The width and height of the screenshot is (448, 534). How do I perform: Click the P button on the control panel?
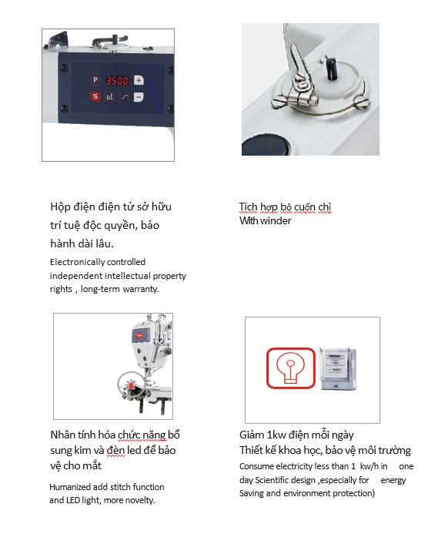[95, 79]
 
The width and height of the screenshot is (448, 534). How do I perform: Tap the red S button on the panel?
[95, 97]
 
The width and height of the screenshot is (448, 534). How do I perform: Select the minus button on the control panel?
[139, 97]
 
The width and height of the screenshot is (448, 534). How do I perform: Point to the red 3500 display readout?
[117, 81]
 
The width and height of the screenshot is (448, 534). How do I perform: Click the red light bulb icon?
[290, 368]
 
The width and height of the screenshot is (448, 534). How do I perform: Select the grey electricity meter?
[339, 369]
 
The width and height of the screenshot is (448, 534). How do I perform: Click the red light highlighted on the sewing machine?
[131, 386]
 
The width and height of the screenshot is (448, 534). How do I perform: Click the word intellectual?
[128, 276]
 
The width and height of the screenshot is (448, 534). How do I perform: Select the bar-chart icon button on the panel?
[109, 97]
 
